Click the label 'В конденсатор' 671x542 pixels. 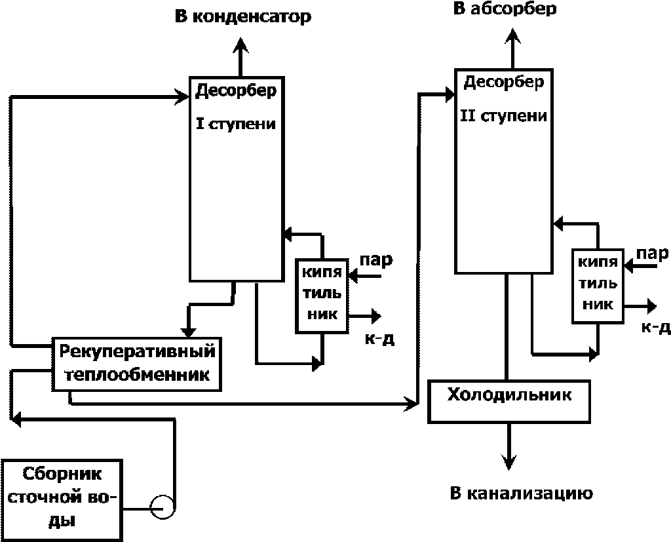pyautogui.click(x=242, y=17)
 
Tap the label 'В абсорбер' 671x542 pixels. pyautogui.click(x=505, y=9)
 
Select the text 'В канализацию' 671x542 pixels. pyautogui.click(x=522, y=494)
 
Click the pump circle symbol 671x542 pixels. pyautogui.click(x=163, y=507)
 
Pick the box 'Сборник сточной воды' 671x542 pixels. pyautogui.click(x=62, y=499)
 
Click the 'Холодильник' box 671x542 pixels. pyautogui.click(x=509, y=401)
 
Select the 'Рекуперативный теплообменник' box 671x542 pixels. pyautogui.click(x=137, y=364)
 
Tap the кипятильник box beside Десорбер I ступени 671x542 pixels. pyautogui.click(x=322, y=296)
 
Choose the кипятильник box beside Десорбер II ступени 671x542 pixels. pyautogui.click(x=598, y=286)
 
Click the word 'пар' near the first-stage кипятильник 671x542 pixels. pyautogui.click(x=376, y=261)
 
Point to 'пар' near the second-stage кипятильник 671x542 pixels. pyautogui.click(x=652, y=254)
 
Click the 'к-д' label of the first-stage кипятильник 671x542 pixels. pyautogui.click(x=379, y=339)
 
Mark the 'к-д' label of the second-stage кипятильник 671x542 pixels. pyautogui.click(x=655, y=328)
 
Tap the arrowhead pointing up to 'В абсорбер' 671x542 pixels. pyautogui.click(x=512, y=36)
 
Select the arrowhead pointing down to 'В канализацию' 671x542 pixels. pyautogui.click(x=508, y=461)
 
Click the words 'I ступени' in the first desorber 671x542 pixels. pyautogui.click(x=236, y=124)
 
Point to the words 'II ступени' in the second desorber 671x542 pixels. pyautogui.click(x=504, y=116)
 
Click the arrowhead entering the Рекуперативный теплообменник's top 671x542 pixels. pyautogui.click(x=188, y=332)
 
